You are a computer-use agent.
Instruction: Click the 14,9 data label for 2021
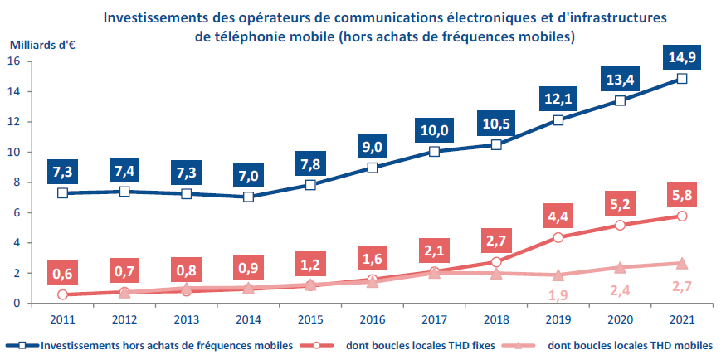click(x=682, y=56)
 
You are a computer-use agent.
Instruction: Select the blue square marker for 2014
click(x=248, y=197)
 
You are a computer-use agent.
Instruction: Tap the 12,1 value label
click(x=558, y=98)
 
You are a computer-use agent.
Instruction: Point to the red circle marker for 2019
click(x=558, y=237)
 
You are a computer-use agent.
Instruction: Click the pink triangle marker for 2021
click(x=682, y=263)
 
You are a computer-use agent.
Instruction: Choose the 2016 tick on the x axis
click(x=372, y=318)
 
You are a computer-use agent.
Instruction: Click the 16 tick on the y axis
click(x=12, y=61)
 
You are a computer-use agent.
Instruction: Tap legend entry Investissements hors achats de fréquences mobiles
click(x=149, y=345)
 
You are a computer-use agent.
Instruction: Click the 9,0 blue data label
click(x=372, y=144)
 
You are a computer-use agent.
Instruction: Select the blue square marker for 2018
click(x=496, y=144)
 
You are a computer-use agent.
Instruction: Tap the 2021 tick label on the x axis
click(x=682, y=318)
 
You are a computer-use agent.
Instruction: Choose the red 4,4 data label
click(x=558, y=215)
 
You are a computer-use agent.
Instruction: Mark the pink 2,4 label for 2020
click(x=620, y=290)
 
